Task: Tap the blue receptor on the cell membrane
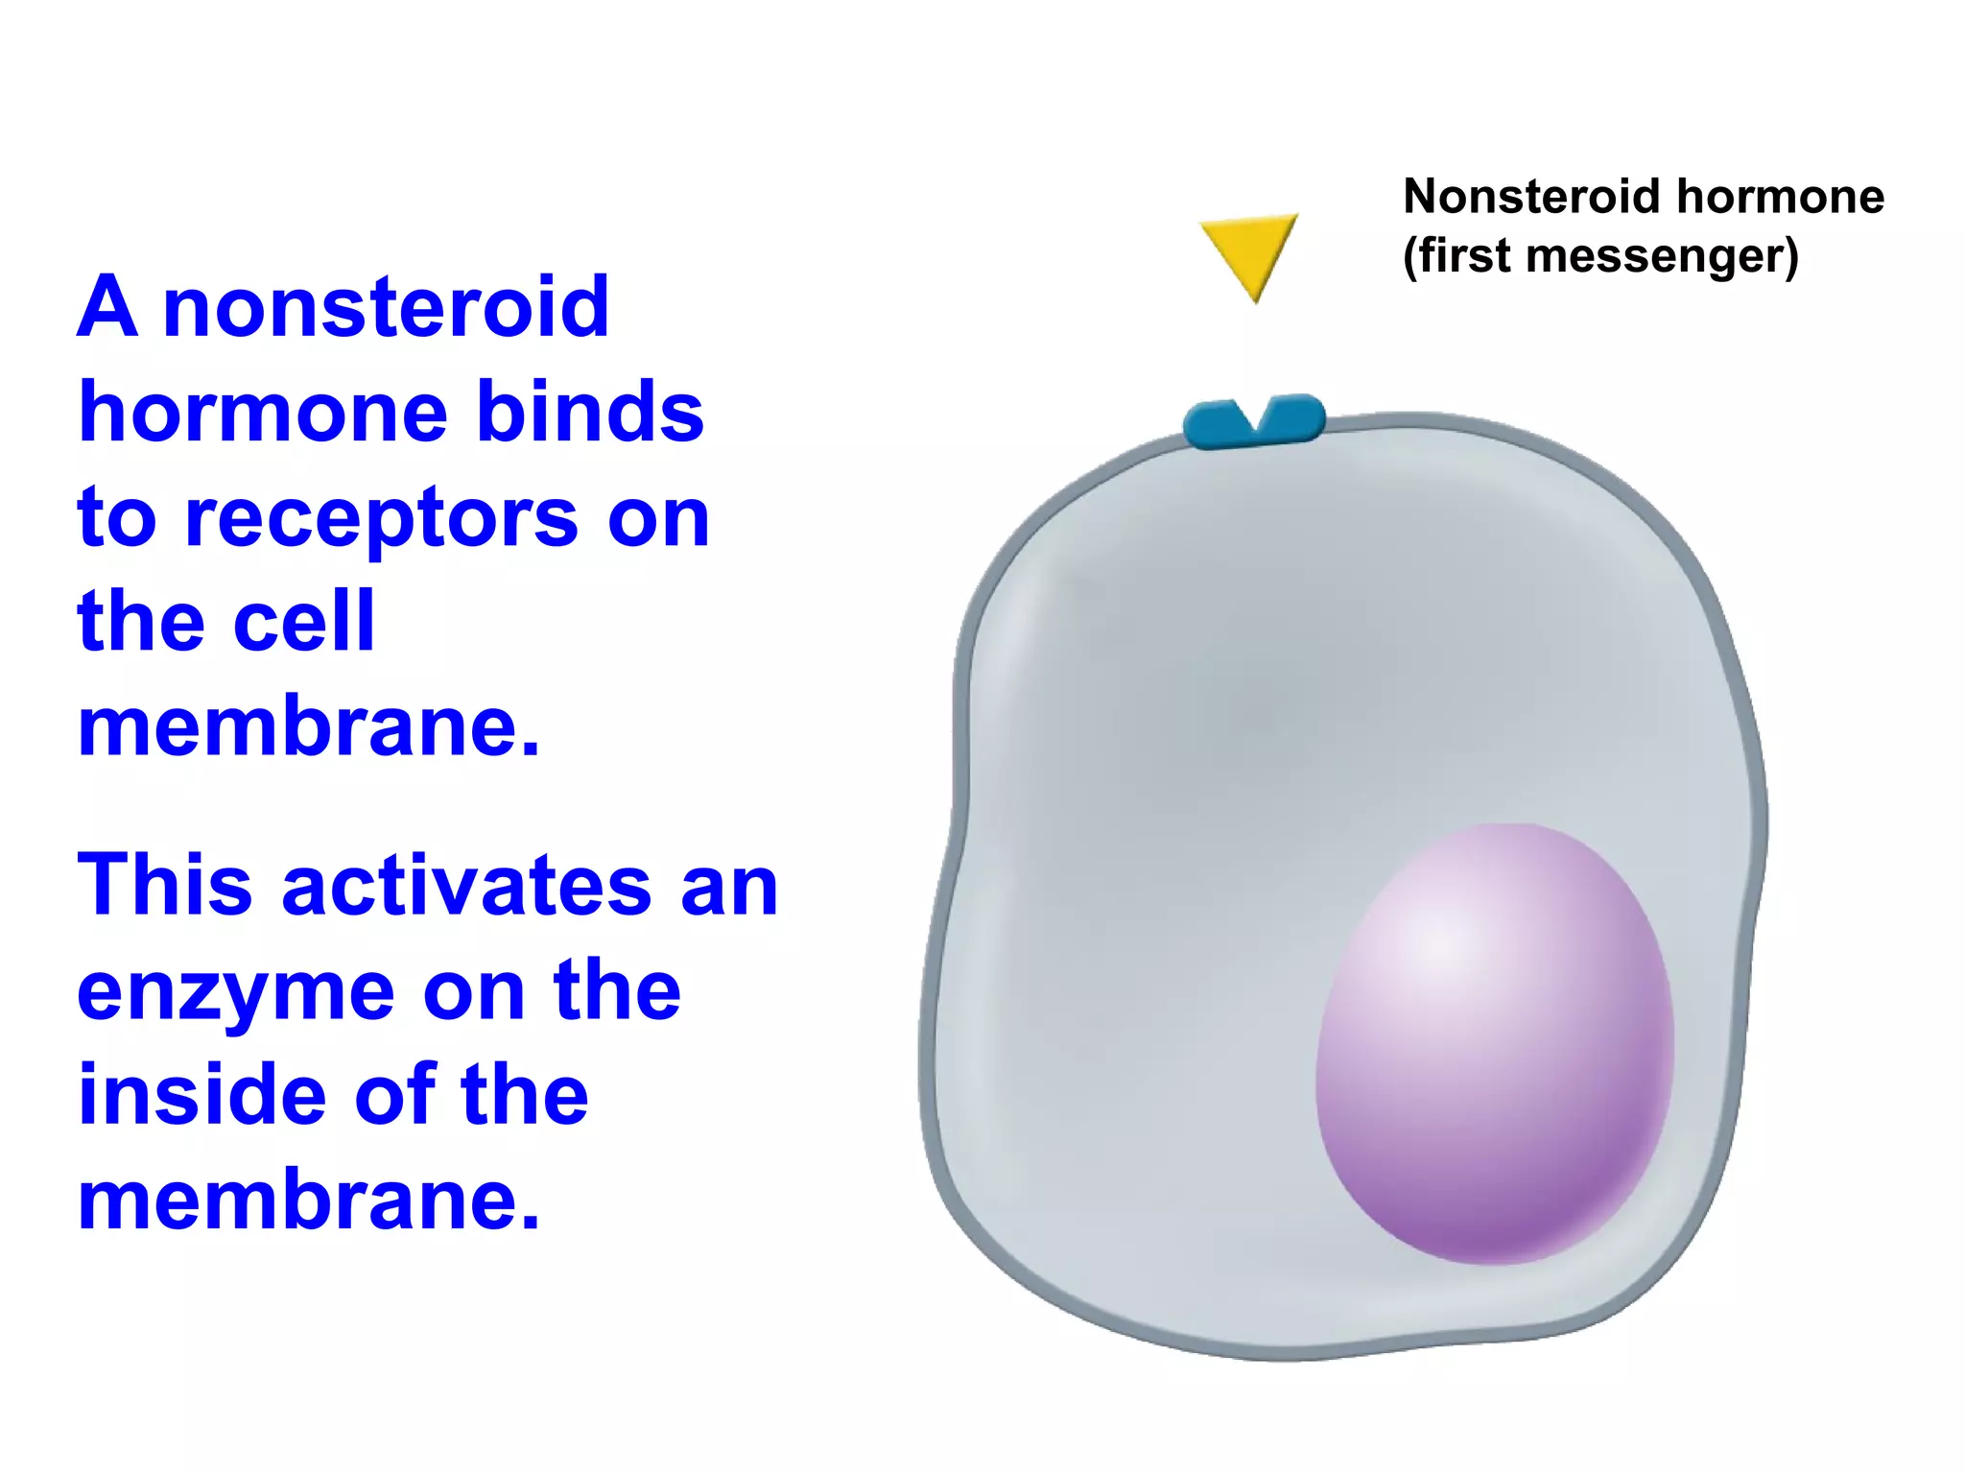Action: [1254, 423]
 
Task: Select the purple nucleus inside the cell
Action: [1494, 1043]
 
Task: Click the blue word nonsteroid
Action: [386, 308]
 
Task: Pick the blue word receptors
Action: [381, 519]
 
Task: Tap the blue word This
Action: [165, 885]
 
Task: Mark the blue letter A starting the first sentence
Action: [107, 308]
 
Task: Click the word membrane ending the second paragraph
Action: [308, 1201]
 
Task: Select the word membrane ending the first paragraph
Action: [308, 727]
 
